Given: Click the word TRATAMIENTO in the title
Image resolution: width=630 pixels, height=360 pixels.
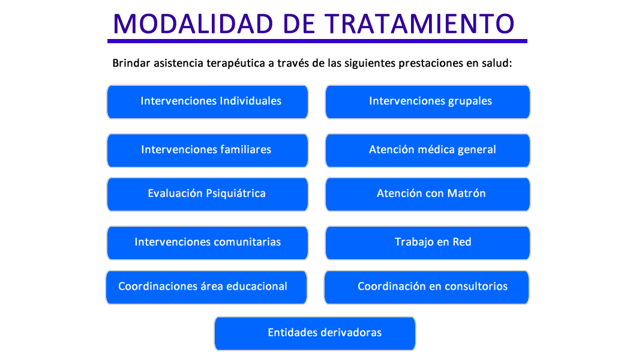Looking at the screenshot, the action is pyautogui.click(x=419, y=24).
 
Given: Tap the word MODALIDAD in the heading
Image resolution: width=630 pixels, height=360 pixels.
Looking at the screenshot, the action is pyautogui.click(x=193, y=24).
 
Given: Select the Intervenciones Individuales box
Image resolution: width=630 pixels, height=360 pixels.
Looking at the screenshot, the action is pyautogui.click(x=208, y=102).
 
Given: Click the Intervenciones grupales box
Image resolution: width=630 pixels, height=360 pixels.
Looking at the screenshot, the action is pyautogui.click(x=427, y=102).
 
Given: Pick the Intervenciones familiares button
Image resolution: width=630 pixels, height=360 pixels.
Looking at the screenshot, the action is pyautogui.click(x=208, y=151).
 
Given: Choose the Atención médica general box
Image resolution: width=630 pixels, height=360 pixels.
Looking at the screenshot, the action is pyautogui.click(x=427, y=151).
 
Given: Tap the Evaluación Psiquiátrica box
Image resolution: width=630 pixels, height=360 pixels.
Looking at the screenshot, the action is pyautogui.click(x=208, y=194).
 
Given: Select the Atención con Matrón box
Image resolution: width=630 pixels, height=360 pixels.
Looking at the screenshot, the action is pyautogui.click(x=427, y=194).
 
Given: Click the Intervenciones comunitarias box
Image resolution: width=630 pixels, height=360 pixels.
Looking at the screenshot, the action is pyautogui.click(x=208, y=243).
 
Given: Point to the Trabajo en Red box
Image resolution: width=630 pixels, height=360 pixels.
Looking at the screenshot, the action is pyautogui.click(x=427, y=243).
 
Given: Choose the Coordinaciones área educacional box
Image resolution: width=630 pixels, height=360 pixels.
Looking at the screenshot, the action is pyautogui.click(x=206, y=287).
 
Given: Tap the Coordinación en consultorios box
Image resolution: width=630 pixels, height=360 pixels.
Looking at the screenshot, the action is pyautogui.click(x=427, y=287).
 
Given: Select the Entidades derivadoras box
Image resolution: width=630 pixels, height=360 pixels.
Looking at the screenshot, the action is pyautogui.click(x=315, y=334).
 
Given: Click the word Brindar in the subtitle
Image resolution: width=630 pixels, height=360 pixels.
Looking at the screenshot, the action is pyautogui.click(x=131, y=63).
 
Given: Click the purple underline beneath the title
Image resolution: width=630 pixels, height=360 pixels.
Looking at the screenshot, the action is pyautogui.click(x=317, y=41).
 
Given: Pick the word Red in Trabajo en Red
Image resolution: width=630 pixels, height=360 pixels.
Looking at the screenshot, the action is pyautogui.click(x=462, y=242).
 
